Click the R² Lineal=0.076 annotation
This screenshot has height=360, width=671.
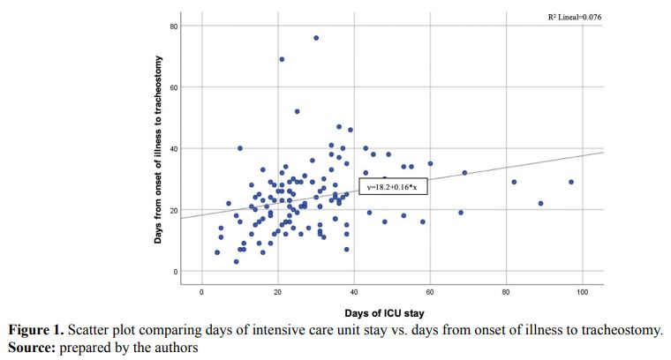[x=575, y=17]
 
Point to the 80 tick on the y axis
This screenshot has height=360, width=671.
[x=174, y=26]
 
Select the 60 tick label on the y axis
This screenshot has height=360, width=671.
[x=174, y=87]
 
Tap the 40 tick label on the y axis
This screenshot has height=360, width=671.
[x=174, y=149]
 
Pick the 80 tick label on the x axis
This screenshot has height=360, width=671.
[x=506, y=292]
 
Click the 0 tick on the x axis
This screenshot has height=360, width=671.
[x=202, y=292]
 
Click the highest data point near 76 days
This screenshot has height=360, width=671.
[x=316, y=38]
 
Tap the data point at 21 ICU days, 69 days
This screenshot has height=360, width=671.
[x=282, y=59]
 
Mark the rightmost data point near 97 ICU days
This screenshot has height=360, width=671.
[x=571, y=182]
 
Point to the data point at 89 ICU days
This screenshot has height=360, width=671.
[x=540, y=203]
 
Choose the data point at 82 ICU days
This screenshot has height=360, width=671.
[x=514, y=182]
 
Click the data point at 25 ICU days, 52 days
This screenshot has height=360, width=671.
[x=298, y=111]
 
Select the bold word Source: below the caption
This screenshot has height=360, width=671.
[x=31, y=349]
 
